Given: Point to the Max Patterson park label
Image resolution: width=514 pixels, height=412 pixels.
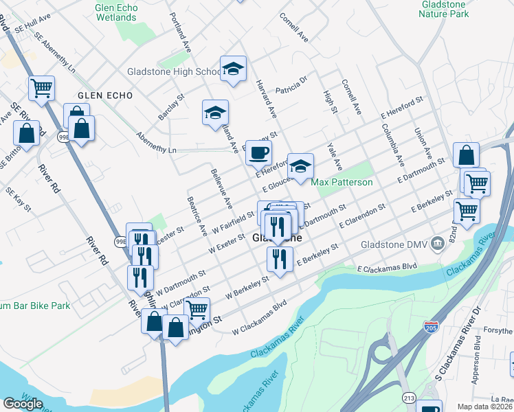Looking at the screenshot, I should (342, 182).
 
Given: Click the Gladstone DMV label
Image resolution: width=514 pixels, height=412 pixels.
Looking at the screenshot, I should (391, 244).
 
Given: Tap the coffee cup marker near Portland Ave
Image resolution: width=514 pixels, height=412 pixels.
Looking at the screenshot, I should (258, 152).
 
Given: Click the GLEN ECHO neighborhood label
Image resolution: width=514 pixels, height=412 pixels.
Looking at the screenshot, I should (103, 95).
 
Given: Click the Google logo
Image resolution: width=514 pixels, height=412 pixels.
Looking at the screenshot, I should (23, 404).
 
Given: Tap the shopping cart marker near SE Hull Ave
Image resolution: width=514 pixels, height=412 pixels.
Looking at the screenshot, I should (41, 88).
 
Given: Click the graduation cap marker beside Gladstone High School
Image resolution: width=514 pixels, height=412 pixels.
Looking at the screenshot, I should (233, 69).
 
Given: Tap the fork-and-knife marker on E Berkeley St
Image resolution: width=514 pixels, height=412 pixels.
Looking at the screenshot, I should (279, 260).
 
